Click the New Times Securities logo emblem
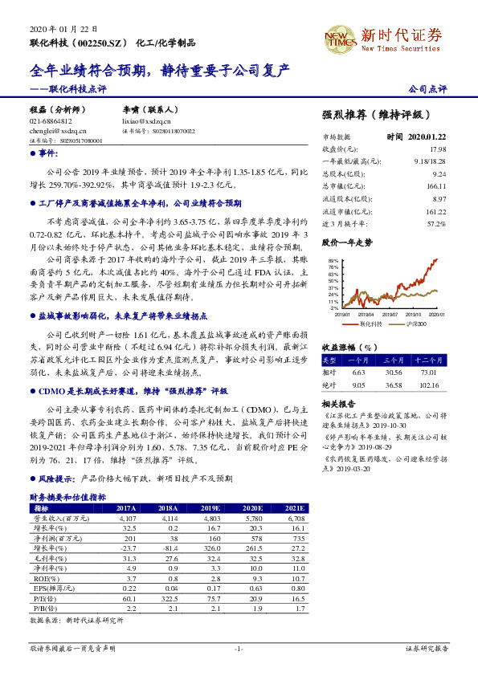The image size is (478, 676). coord(341,37)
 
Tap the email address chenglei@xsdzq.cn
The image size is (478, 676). coord(52,129)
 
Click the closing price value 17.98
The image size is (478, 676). coord(437,149)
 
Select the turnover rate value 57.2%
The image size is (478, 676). coord(436,223)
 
